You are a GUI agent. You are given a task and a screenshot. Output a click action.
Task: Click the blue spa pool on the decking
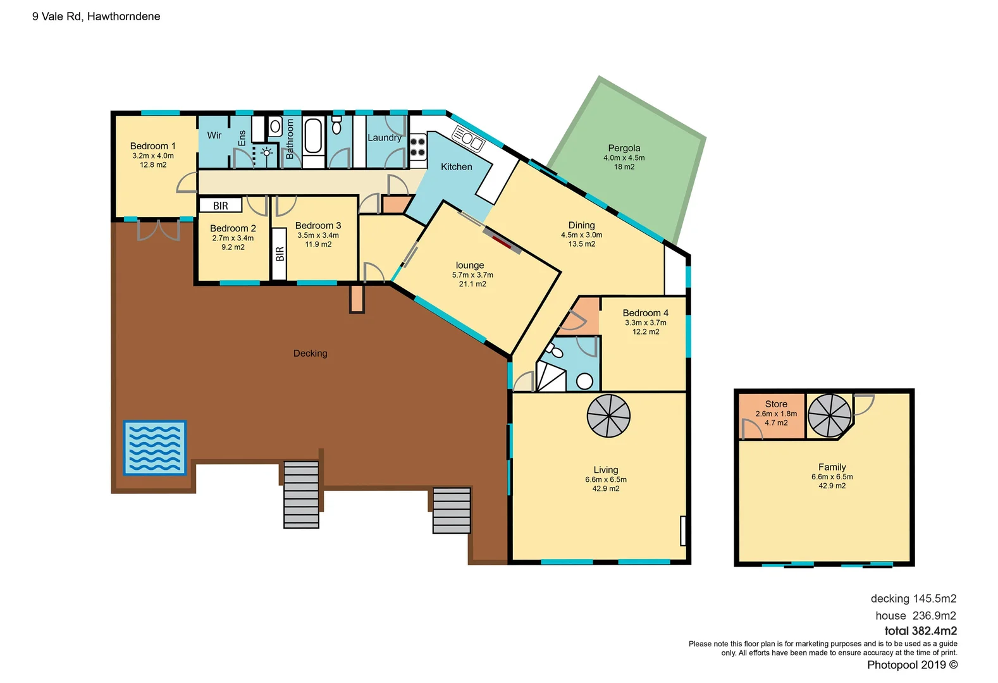pyautogui.click(x=154, y=448)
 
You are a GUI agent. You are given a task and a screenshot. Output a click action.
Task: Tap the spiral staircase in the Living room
pyautogui.click(x=608, y=416)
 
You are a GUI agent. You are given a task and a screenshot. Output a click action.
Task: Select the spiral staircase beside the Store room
pyautogui.click(x=829, y=415)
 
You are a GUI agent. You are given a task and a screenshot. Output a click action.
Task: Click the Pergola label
pyautogui.click(x=624, y=148)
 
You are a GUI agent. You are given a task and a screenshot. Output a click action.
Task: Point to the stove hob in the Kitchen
pyautogui.click(x=417, y=147)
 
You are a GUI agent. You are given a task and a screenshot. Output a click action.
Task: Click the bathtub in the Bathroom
pyautogui.click(x=313, y=136)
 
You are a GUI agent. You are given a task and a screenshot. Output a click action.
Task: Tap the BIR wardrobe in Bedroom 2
pyautogui.click(x=220, y=206)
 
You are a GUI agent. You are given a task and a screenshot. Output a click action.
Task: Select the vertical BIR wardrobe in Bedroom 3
pyautogui.click(x=279, y=254)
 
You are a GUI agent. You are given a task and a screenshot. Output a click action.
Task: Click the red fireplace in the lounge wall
pyautogui.click(x=502, y=242)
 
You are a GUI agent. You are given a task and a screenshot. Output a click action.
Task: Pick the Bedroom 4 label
pyautogui.click(x=645, y=313)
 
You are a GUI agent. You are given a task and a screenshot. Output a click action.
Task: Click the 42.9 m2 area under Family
pyautogui.click(x=832, y=486)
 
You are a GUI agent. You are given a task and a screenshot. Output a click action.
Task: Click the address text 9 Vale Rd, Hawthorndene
pyautogui.click(x=96, y=16)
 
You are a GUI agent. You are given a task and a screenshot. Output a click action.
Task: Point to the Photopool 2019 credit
pyautogui.click(x=912, y=665)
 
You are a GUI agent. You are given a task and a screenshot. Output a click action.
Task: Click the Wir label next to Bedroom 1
pyautogui.click(x=214, y=135)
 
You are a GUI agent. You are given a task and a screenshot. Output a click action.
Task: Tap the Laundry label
pyautogui.click(x=384, y=137)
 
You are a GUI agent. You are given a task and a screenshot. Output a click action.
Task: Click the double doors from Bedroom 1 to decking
pyautogui.click(x=158, y=230)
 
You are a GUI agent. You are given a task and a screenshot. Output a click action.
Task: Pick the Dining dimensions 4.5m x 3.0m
pyautogui.click(x=581, y=235)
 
